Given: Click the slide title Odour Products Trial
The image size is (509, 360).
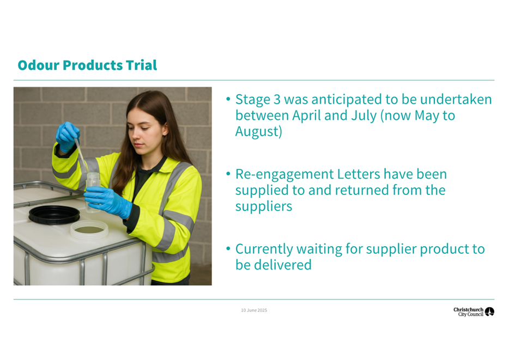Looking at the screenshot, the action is tap(87, 65).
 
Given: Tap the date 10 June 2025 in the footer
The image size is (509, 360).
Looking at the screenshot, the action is tap(254, 310).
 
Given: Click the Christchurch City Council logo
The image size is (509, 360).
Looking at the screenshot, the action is tap(474, 312).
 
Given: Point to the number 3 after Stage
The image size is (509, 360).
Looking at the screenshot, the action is tap(277, 100).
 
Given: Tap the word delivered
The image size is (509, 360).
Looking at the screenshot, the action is tap(282, 265).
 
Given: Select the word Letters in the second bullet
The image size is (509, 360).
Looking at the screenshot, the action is tap(359, 174).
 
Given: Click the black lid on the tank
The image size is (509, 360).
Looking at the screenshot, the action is tap(54, 215).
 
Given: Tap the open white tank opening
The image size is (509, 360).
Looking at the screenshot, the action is tap(89, 229).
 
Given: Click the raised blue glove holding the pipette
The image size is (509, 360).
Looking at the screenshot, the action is tap(68, 136).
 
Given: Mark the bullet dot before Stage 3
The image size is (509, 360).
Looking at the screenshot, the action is tap(228, 99).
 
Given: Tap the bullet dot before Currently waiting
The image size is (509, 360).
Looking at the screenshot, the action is tap(228, 249).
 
